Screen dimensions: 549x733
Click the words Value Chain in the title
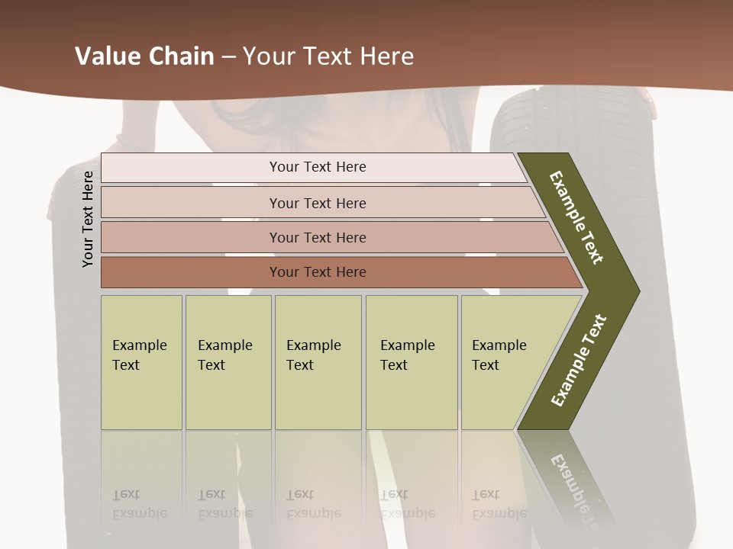coord(144,56)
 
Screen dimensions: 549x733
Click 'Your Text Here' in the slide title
coord(328,56)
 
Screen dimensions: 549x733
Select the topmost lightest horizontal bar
coord(191,167)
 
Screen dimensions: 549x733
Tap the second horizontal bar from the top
coord(191,203)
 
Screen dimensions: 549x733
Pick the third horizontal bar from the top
coord(191,237)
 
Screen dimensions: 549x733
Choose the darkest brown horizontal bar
coord(191,272)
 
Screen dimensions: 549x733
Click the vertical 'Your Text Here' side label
coord(88,219)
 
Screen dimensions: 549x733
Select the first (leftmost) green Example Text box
coord(141,362)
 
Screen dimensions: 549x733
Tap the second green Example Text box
coord(228,362)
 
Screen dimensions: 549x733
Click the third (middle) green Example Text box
coord(318,362)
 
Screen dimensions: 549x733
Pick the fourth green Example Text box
coord(412,362)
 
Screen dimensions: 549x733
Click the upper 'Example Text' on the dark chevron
coord(576,217)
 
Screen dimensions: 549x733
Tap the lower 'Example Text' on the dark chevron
coord(579,360)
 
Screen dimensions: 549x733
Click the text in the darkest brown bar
coord(318,272)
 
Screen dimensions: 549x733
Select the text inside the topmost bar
coord(318,167)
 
